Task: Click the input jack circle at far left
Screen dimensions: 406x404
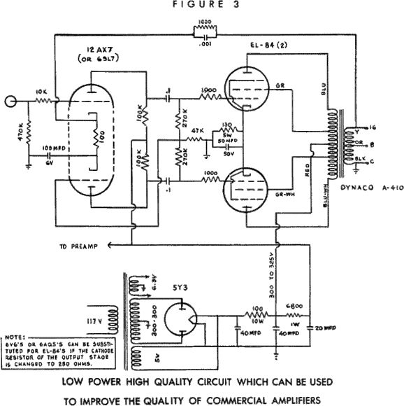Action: click(x=10, y=101)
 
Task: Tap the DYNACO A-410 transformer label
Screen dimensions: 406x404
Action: click(x=368, y=188)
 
